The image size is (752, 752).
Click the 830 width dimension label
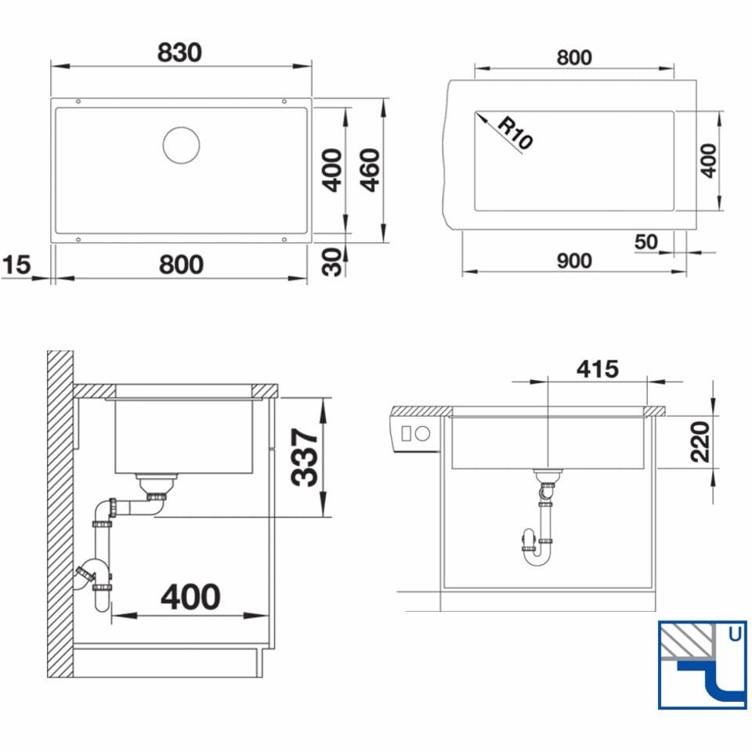pyautogui.click(x=180, y=52)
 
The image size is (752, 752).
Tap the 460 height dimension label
pyautogui.click(x=371, y=170)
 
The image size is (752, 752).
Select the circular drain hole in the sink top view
pyautogui.click(x=181, y=145)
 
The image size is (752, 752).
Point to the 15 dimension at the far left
pyautogui.click(x=16, y=265)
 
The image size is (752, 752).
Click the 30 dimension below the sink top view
pyautogui.click(x=332, y=262)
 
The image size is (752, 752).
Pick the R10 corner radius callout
pyautogui.click(x=515, y=133)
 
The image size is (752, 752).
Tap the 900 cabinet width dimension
pyautogui.click(x=574, y=261)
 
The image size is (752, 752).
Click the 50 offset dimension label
pyautogui.click(x=646, y=242)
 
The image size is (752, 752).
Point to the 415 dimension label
pyautogui.click(x=598, y=369)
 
